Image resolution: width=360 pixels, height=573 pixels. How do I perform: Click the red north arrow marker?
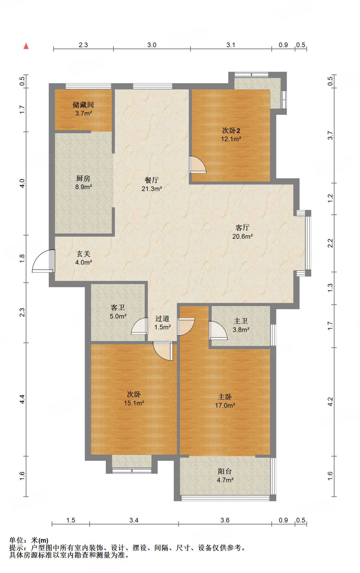click(x=26, y=46)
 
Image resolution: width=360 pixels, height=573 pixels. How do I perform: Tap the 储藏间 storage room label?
click(x=83, y=105)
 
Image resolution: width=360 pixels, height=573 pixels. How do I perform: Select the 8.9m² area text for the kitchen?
click(x=83, y=187)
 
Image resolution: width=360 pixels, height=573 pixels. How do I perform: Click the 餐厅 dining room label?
click(x=151, y=180)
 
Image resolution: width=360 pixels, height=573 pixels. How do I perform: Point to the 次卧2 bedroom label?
click(x=231, y=131)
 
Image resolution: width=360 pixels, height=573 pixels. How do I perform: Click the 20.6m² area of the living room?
click(x=242, y=236)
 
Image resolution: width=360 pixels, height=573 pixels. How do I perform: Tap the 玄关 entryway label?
click(x=83, y=254)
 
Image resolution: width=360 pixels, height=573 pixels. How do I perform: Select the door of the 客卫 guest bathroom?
click(x=140, y=327)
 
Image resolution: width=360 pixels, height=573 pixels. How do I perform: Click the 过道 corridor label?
click(x=162, y=319)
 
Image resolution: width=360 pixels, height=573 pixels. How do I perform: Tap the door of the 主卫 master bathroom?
click(x=218, y=331)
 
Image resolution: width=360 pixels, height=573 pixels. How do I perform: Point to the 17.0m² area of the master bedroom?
click(x=225, y=405)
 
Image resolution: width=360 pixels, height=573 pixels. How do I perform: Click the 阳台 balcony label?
click(x=225, y=471)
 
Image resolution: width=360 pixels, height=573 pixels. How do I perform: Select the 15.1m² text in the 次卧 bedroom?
click(x=134, y=403)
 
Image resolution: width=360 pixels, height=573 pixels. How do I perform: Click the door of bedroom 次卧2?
click(x=197, y=165)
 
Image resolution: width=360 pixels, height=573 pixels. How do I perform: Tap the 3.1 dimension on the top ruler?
click(x=231, y=45)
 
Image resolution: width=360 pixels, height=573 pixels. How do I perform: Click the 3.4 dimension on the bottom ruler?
click(x=134, y=520)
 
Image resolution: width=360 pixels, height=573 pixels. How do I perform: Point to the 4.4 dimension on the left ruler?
click(x=22, y=399)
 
